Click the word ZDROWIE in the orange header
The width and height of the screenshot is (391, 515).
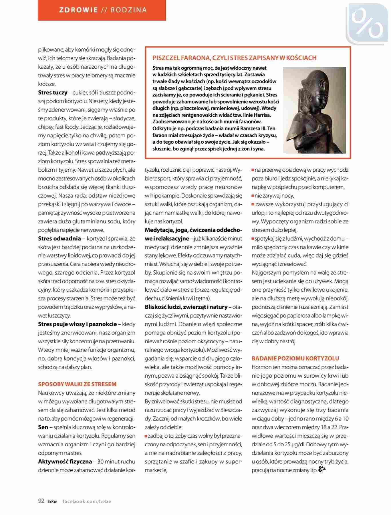78,10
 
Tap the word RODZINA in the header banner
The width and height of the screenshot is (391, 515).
129,10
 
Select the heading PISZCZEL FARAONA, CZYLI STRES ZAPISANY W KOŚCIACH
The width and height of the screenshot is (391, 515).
235,58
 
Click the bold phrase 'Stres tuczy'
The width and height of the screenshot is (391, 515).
53,93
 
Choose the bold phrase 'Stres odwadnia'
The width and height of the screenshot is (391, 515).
59,239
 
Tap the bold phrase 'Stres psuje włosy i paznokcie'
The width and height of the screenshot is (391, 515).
78,324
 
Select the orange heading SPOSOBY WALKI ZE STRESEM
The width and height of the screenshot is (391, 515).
77,384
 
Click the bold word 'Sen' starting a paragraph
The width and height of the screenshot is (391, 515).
43,427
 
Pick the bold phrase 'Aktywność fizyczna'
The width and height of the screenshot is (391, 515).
65,461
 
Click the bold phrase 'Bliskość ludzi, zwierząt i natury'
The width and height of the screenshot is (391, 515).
186,307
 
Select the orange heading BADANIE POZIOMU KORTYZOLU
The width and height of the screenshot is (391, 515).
295,358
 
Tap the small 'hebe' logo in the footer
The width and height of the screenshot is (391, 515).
52,501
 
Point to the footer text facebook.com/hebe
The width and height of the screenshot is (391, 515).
87,501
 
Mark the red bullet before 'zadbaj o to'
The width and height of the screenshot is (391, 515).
146,436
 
